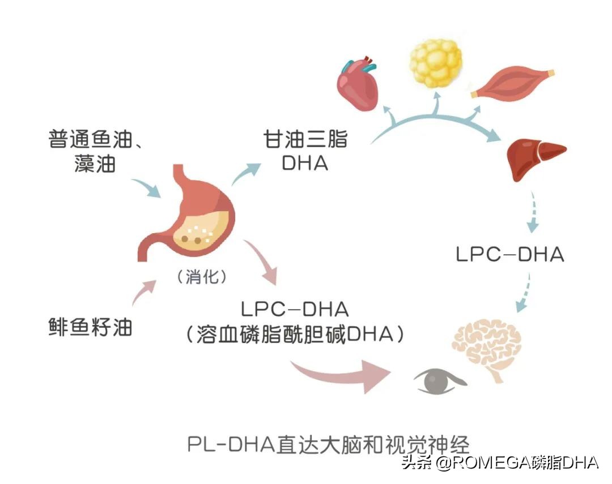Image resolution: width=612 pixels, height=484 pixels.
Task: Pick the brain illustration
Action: tap(487, 345)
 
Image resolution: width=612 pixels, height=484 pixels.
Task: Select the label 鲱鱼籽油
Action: tap(90, 327)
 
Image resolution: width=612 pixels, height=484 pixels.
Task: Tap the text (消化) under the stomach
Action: tap(202, 277)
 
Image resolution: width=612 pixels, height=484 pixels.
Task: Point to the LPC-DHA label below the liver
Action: tap(510, 254)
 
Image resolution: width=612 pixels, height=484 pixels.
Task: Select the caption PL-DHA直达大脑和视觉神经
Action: tap(329, 444)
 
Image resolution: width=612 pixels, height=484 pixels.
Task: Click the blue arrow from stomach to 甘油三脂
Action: tap(246, 173)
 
